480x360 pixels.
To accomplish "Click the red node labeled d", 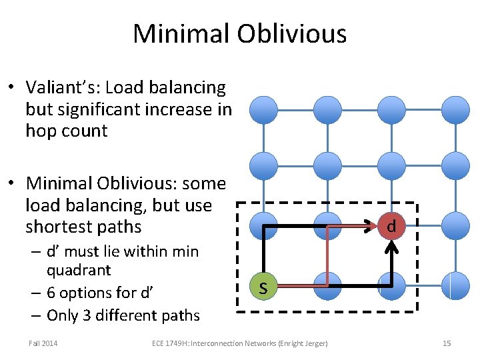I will [391, 226].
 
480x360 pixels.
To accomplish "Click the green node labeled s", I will [263, 287].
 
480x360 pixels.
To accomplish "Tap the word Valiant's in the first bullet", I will [63, 87].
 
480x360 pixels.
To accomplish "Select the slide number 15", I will [447, 343].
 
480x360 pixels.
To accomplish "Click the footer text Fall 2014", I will [43, 343].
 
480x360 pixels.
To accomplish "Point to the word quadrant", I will [79, 271].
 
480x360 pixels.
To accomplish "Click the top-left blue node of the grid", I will [263, 109].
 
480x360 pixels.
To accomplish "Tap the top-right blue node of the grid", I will [456, 109].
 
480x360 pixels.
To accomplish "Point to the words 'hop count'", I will [66, 131].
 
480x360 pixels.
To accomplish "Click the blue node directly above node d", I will [391, 165].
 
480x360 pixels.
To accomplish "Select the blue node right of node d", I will [456, 225].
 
